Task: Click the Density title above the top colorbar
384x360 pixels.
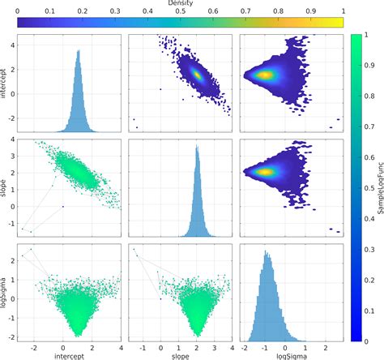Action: click(x=181, y=4)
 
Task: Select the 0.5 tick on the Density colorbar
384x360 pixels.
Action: click(x=180, y=12)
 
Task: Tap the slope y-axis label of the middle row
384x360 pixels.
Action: click(x=5, y=186)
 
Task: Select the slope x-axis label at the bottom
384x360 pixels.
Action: click(x=181, y=354)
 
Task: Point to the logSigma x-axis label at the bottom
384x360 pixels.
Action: click(x=292, y=354)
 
